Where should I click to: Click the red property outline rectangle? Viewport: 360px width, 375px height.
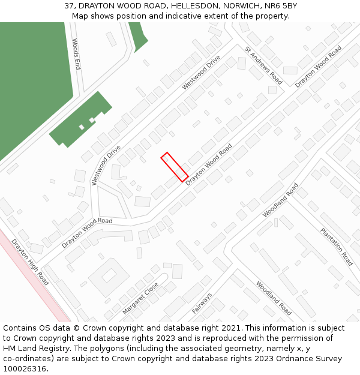175,167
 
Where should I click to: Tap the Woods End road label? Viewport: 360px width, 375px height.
76,54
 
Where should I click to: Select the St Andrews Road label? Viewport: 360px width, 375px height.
263,65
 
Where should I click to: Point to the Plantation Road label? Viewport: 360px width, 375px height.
336,247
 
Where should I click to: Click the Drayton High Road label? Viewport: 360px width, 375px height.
30,262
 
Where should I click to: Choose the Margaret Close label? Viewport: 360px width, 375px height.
140,298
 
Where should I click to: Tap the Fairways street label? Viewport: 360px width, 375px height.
202,304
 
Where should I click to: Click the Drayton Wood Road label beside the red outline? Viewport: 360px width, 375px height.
209,164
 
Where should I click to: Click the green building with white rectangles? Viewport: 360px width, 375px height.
82,120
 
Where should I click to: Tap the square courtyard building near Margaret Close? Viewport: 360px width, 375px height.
109,275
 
